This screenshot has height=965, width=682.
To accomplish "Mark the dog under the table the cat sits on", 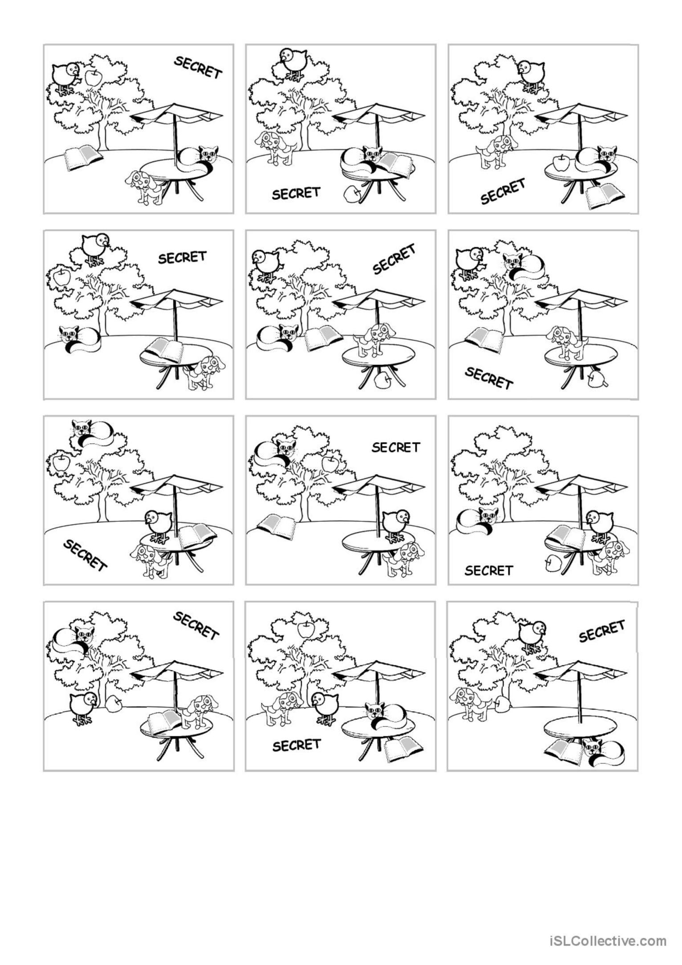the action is point(146,187).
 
